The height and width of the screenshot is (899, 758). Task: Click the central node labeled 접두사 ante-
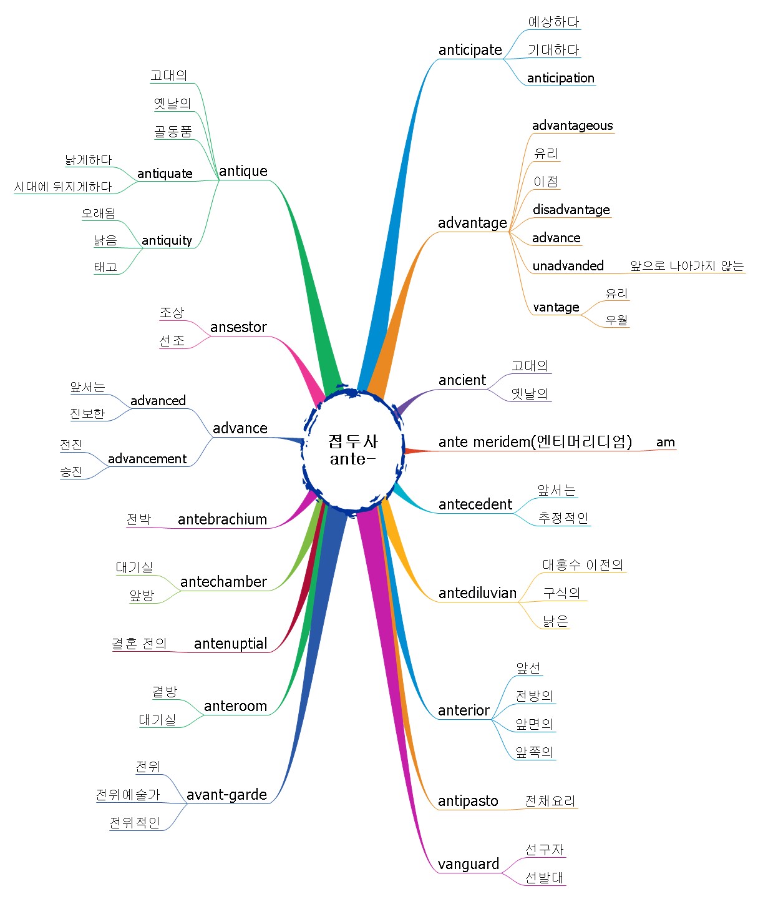353,449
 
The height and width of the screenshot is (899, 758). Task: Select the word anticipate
470,50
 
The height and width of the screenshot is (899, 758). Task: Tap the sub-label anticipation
560,78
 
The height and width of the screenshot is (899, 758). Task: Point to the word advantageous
572,125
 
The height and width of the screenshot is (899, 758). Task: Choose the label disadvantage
571,210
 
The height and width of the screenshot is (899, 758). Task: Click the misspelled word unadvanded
568,266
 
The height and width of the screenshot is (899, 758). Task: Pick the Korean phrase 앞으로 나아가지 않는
687,266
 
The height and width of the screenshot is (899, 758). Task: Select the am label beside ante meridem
665,442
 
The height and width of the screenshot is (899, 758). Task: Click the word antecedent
475,504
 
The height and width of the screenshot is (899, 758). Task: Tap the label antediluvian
477,593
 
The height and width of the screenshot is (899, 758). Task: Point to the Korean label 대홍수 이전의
583,564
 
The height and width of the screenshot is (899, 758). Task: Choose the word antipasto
468,801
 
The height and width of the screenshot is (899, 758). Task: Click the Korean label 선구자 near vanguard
544,850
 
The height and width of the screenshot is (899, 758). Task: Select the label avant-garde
226,795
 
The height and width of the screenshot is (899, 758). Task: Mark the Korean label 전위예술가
128,794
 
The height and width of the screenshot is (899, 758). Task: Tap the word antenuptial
231,644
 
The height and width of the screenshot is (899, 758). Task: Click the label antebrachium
223,519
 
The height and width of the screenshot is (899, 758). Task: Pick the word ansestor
238,327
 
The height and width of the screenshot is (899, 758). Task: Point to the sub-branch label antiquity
167,240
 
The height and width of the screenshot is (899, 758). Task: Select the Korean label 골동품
173,131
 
